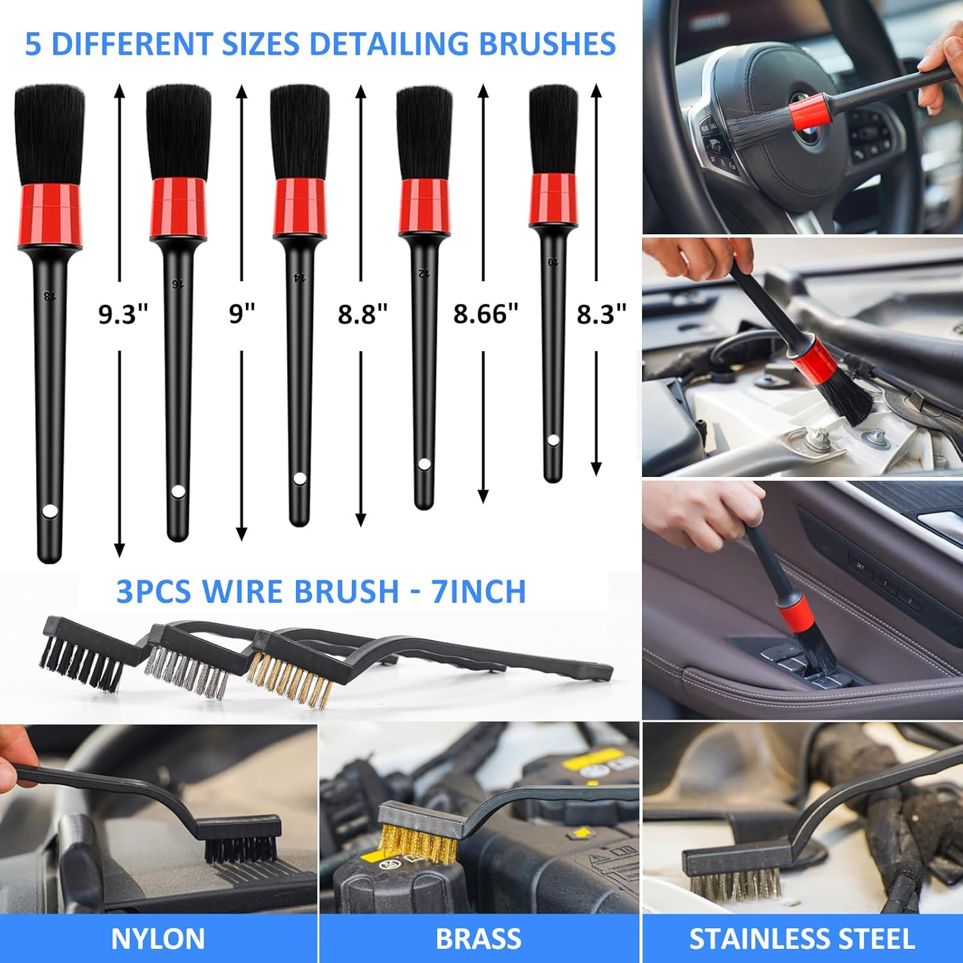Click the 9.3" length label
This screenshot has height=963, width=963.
[x=123, y=315]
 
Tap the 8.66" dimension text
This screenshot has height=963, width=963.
[x=485, y=315]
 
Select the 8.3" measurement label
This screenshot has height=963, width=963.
[x=601, y=315]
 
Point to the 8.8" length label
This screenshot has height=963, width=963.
[x=363, y=315]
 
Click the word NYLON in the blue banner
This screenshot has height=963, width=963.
[x=158, y=939]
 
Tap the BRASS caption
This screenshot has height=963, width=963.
[x=478, y=939]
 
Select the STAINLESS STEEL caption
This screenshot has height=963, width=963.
[x=802, y=939]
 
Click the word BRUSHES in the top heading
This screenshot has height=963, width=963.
[x=547, y=44]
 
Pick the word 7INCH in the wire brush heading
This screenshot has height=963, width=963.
[x=478, y=591]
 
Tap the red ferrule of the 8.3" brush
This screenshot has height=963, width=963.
[x=553, y=199]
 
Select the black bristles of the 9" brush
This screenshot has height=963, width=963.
[x=178, y=132]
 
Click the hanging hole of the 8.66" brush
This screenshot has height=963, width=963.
[x=424, y=464]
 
